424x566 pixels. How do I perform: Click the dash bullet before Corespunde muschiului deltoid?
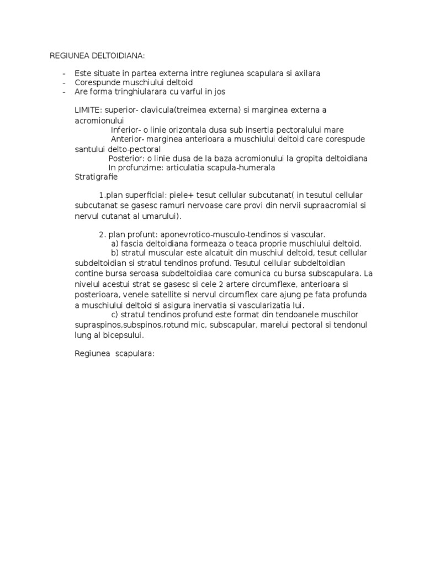[x=65, y=82]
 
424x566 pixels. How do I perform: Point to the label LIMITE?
[x=88, y=110]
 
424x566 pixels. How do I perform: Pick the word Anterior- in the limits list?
[x=129, y=139]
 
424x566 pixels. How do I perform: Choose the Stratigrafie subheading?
[x=96, y=177]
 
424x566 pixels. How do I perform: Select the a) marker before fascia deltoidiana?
[x=115, y=243]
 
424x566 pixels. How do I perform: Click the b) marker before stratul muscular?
[x=115, y=253]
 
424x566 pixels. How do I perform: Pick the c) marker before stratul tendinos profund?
[x=115, y=314]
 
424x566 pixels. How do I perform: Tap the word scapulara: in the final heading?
[x=135, y=354]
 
